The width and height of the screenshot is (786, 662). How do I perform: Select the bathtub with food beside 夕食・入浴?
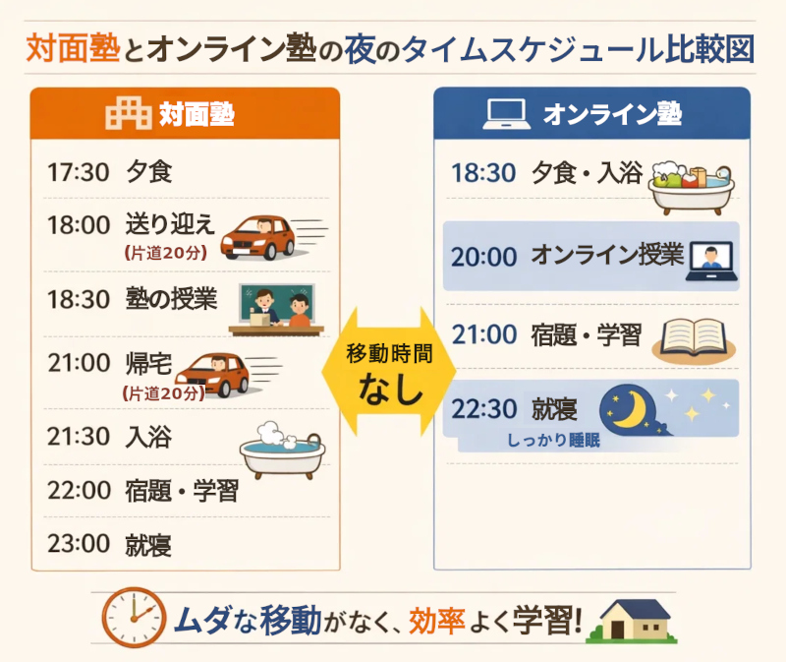[692, 187]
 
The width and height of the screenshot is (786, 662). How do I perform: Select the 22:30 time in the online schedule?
[483, 406]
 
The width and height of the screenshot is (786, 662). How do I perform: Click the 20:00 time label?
[483, 257]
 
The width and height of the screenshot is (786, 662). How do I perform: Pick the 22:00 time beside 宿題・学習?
[78, 490]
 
